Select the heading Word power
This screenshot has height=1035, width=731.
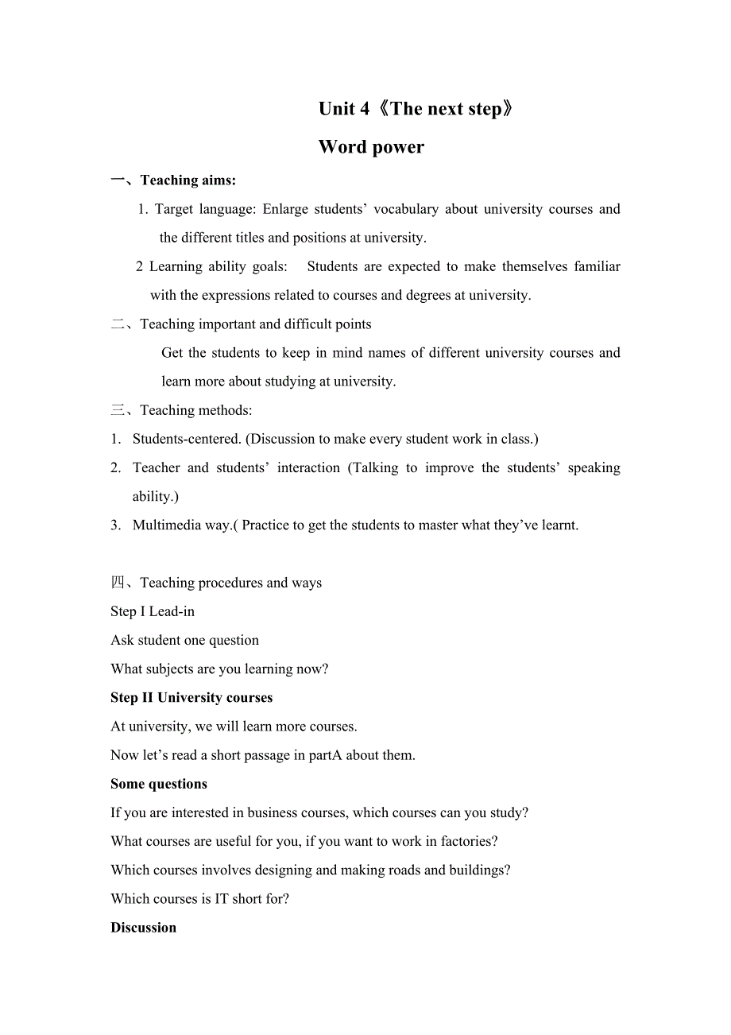(x=371, y=147)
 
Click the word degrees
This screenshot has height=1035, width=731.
(x=428, y=295)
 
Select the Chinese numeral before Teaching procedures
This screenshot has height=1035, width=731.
(x=118, y=583)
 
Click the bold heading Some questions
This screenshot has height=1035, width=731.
(x=159, y=784)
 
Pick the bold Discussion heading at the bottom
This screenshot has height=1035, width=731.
(x=144, y=928)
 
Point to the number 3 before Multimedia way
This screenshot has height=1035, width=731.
(x=115, y=525)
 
